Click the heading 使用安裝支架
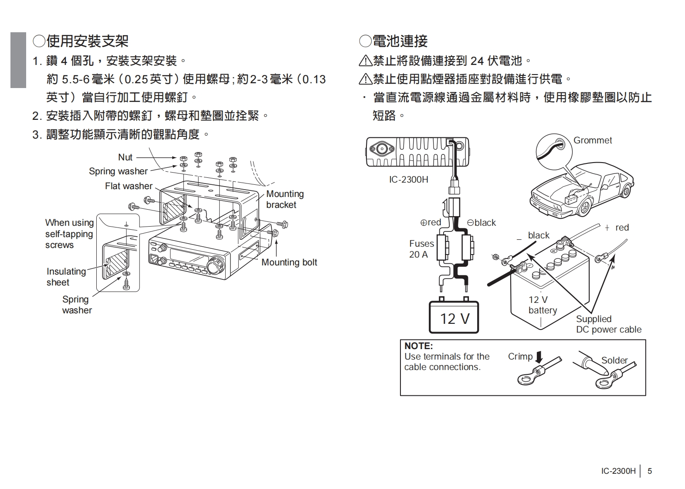87,41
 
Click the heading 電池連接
400,41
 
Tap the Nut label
125,157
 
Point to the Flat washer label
129,186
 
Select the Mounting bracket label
285,199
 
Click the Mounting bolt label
289,262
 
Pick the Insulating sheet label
66,277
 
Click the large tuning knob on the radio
215,265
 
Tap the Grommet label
592,140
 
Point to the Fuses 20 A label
421,249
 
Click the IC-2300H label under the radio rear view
408,180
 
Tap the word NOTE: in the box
418,346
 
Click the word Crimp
520,357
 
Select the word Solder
614,360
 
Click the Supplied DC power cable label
608,324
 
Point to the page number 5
650,471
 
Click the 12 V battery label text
542,305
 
